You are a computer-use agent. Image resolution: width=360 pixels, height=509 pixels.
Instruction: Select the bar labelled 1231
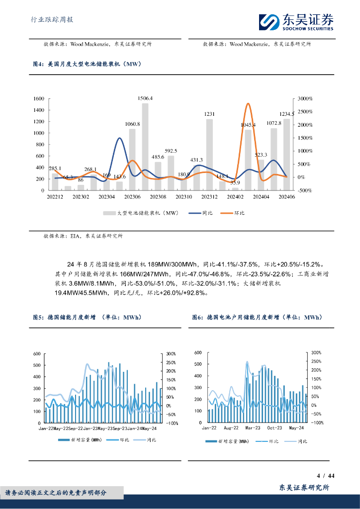click(x=209, y=154)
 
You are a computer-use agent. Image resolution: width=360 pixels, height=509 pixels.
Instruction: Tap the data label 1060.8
click(x=132, y=124)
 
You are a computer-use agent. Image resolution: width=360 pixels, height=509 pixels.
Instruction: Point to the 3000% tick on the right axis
click(x=304, y=98)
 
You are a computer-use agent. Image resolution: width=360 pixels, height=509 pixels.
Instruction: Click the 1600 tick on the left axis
click(x=39, y=98)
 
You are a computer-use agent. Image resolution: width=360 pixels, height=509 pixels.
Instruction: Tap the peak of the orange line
click(x=248, y=104)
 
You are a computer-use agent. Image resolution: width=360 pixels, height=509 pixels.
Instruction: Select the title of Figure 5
click(x=87, y=317)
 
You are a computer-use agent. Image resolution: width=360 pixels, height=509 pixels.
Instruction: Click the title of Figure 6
click(x=257, y=317)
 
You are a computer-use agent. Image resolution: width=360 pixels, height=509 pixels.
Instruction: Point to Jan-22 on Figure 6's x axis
click(x=209, y=427)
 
